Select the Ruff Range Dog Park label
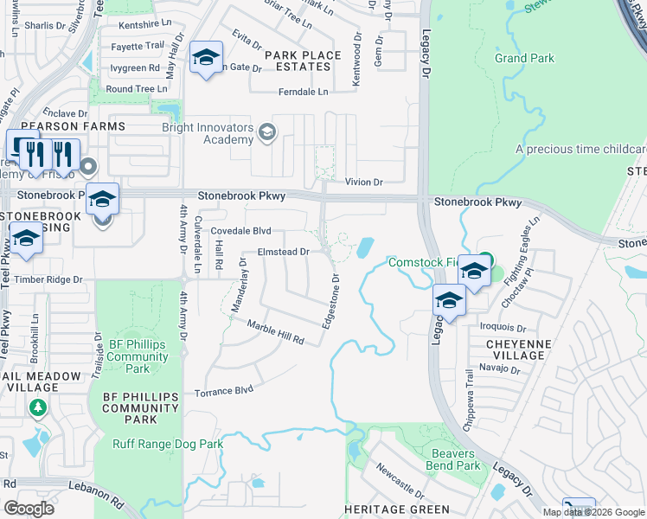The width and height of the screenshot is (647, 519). point(168,445)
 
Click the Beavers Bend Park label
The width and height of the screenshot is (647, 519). point(452,459)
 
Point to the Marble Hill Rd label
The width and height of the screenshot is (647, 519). point(276,333)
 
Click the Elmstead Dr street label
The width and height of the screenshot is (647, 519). point(283,253)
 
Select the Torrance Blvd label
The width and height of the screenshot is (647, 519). point(224,391)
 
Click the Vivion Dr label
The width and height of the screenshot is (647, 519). point(363,183)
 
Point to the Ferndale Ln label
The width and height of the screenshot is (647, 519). point(303,92)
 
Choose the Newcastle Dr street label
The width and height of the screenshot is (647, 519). point(398,482)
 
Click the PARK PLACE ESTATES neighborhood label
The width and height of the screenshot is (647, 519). point(303,61)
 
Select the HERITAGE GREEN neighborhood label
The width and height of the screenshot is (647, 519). point(397,509)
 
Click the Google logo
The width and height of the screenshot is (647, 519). point(29,509)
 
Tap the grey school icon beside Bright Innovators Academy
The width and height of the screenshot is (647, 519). point(267,131)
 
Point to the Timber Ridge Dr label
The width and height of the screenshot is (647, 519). point(48,280)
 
